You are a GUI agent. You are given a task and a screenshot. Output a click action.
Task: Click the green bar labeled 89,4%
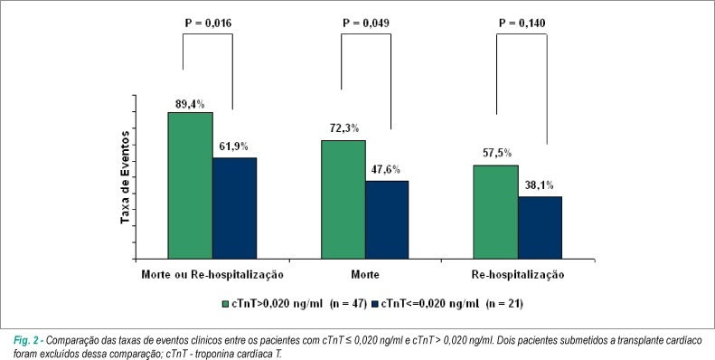pyautogui.click(x=190, y=185)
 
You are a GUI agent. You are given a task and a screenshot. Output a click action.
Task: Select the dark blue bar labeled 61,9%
pyautogui.click(x=234, y=209)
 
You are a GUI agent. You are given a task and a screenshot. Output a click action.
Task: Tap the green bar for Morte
pyautogui.click(x=343, y=200)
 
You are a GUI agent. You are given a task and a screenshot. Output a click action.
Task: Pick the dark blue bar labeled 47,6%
pyautogui.click(x=387, y=220)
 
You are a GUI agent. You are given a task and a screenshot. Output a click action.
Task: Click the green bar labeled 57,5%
pyautogui.click(x=495, y=213)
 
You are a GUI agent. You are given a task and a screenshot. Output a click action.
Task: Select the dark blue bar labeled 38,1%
pyautogui.click(x=540, y=228)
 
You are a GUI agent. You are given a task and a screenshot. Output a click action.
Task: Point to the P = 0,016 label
pyautogui.click(x=208, y=24)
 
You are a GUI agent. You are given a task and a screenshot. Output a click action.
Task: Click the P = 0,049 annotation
pyautogui.click(x=366, y=24)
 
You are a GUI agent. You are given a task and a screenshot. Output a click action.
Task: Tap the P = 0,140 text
pyautogui.click(x=522, y=24)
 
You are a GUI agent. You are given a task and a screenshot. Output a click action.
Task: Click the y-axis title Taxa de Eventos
pyautogui.click(x=125, y=177)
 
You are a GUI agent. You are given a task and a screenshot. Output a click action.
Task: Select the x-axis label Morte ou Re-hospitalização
pyautogui.click(x=212, y=275)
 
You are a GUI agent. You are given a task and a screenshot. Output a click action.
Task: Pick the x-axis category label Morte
pyautogui.click(x=365, y=275)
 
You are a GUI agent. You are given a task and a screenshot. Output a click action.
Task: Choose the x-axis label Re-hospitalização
pyautogui.click(x=518, y=275)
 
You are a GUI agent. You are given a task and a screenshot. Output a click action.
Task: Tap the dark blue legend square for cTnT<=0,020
pyautogui.click(x=376, y=304)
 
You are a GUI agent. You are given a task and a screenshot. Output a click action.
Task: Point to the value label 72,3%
pyautogui.click(x=343, y=128)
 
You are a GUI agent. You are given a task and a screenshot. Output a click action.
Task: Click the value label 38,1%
pyautogui.click(x=540, y=185)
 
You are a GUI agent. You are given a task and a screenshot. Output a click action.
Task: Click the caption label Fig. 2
pyautogui.click(x=28, y=340)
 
